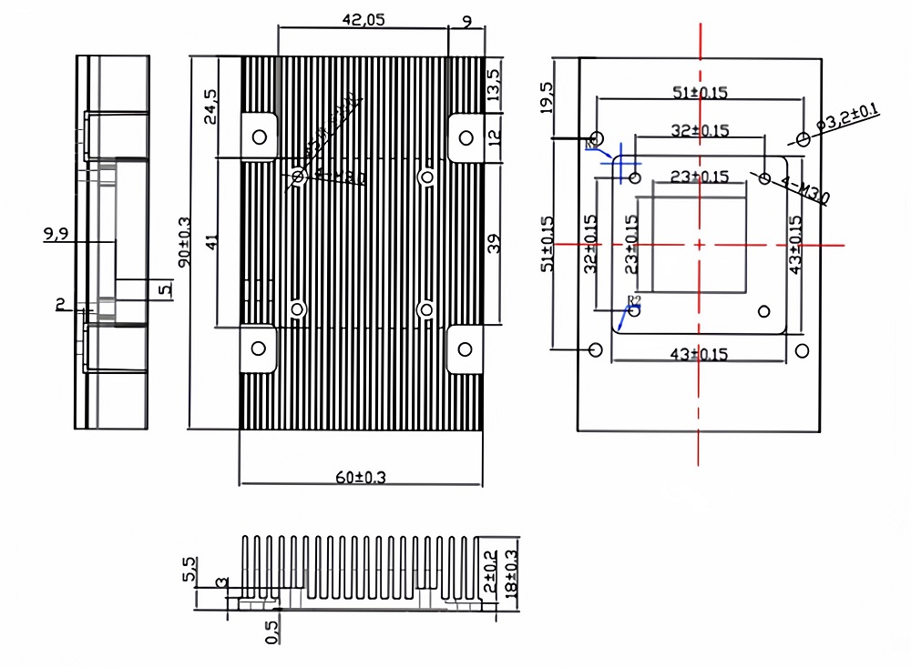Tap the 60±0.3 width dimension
pyautogui.click(x=359, y=477)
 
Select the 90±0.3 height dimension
pyautogui.click(x=185, y=242)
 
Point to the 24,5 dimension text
pyautogui.click(x=210, y=106)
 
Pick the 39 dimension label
pyautogui.click(x=494, y=244)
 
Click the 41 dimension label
pyautogui.click(x=210, y=242)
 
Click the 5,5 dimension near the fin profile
pyautogui.click(x=189, y=571)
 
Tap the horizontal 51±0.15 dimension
pyautogui.click(x=700, y=92)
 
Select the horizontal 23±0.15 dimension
pyautogui.click(x=699, y=177)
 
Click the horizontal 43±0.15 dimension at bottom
pyautogui.click(x=699, y=353)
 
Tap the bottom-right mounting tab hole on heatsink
pyautogui.click(x=466, y=348)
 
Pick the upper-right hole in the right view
pyautogui.click(x=803, y=139)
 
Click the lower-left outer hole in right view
pyautogui.click(x=597, y=349)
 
